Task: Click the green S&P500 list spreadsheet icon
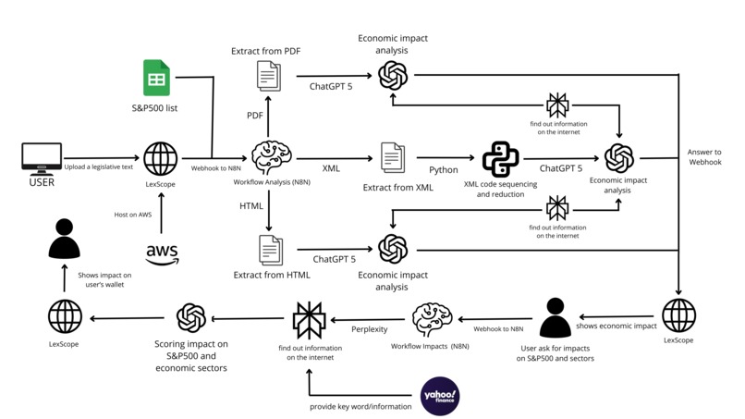(x=156, y=78)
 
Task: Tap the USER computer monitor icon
(x=42, y=157)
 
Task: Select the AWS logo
(x=162, y=253)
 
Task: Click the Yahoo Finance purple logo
(x=440, y=396)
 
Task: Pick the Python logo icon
(x=500, y=159)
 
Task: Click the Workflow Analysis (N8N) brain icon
(x=269, y=158)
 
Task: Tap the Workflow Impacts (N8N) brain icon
(x=431, y=317)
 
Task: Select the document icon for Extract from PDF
(x=269, y=76)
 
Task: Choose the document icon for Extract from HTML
(x=271, y=250)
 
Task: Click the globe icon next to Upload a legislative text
(x=161, y=158)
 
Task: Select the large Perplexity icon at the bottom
(x=307, y=318)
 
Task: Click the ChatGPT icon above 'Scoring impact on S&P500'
(x=189, y=318)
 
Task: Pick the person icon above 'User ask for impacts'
(x=555, y=317)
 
